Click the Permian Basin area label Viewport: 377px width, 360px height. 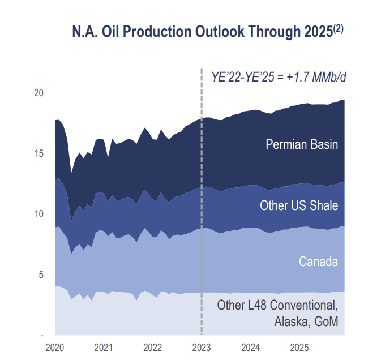(x=302, y=144)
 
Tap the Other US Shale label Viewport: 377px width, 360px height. (x=299, y=205)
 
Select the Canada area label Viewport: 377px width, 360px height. (x=318, y=262)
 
